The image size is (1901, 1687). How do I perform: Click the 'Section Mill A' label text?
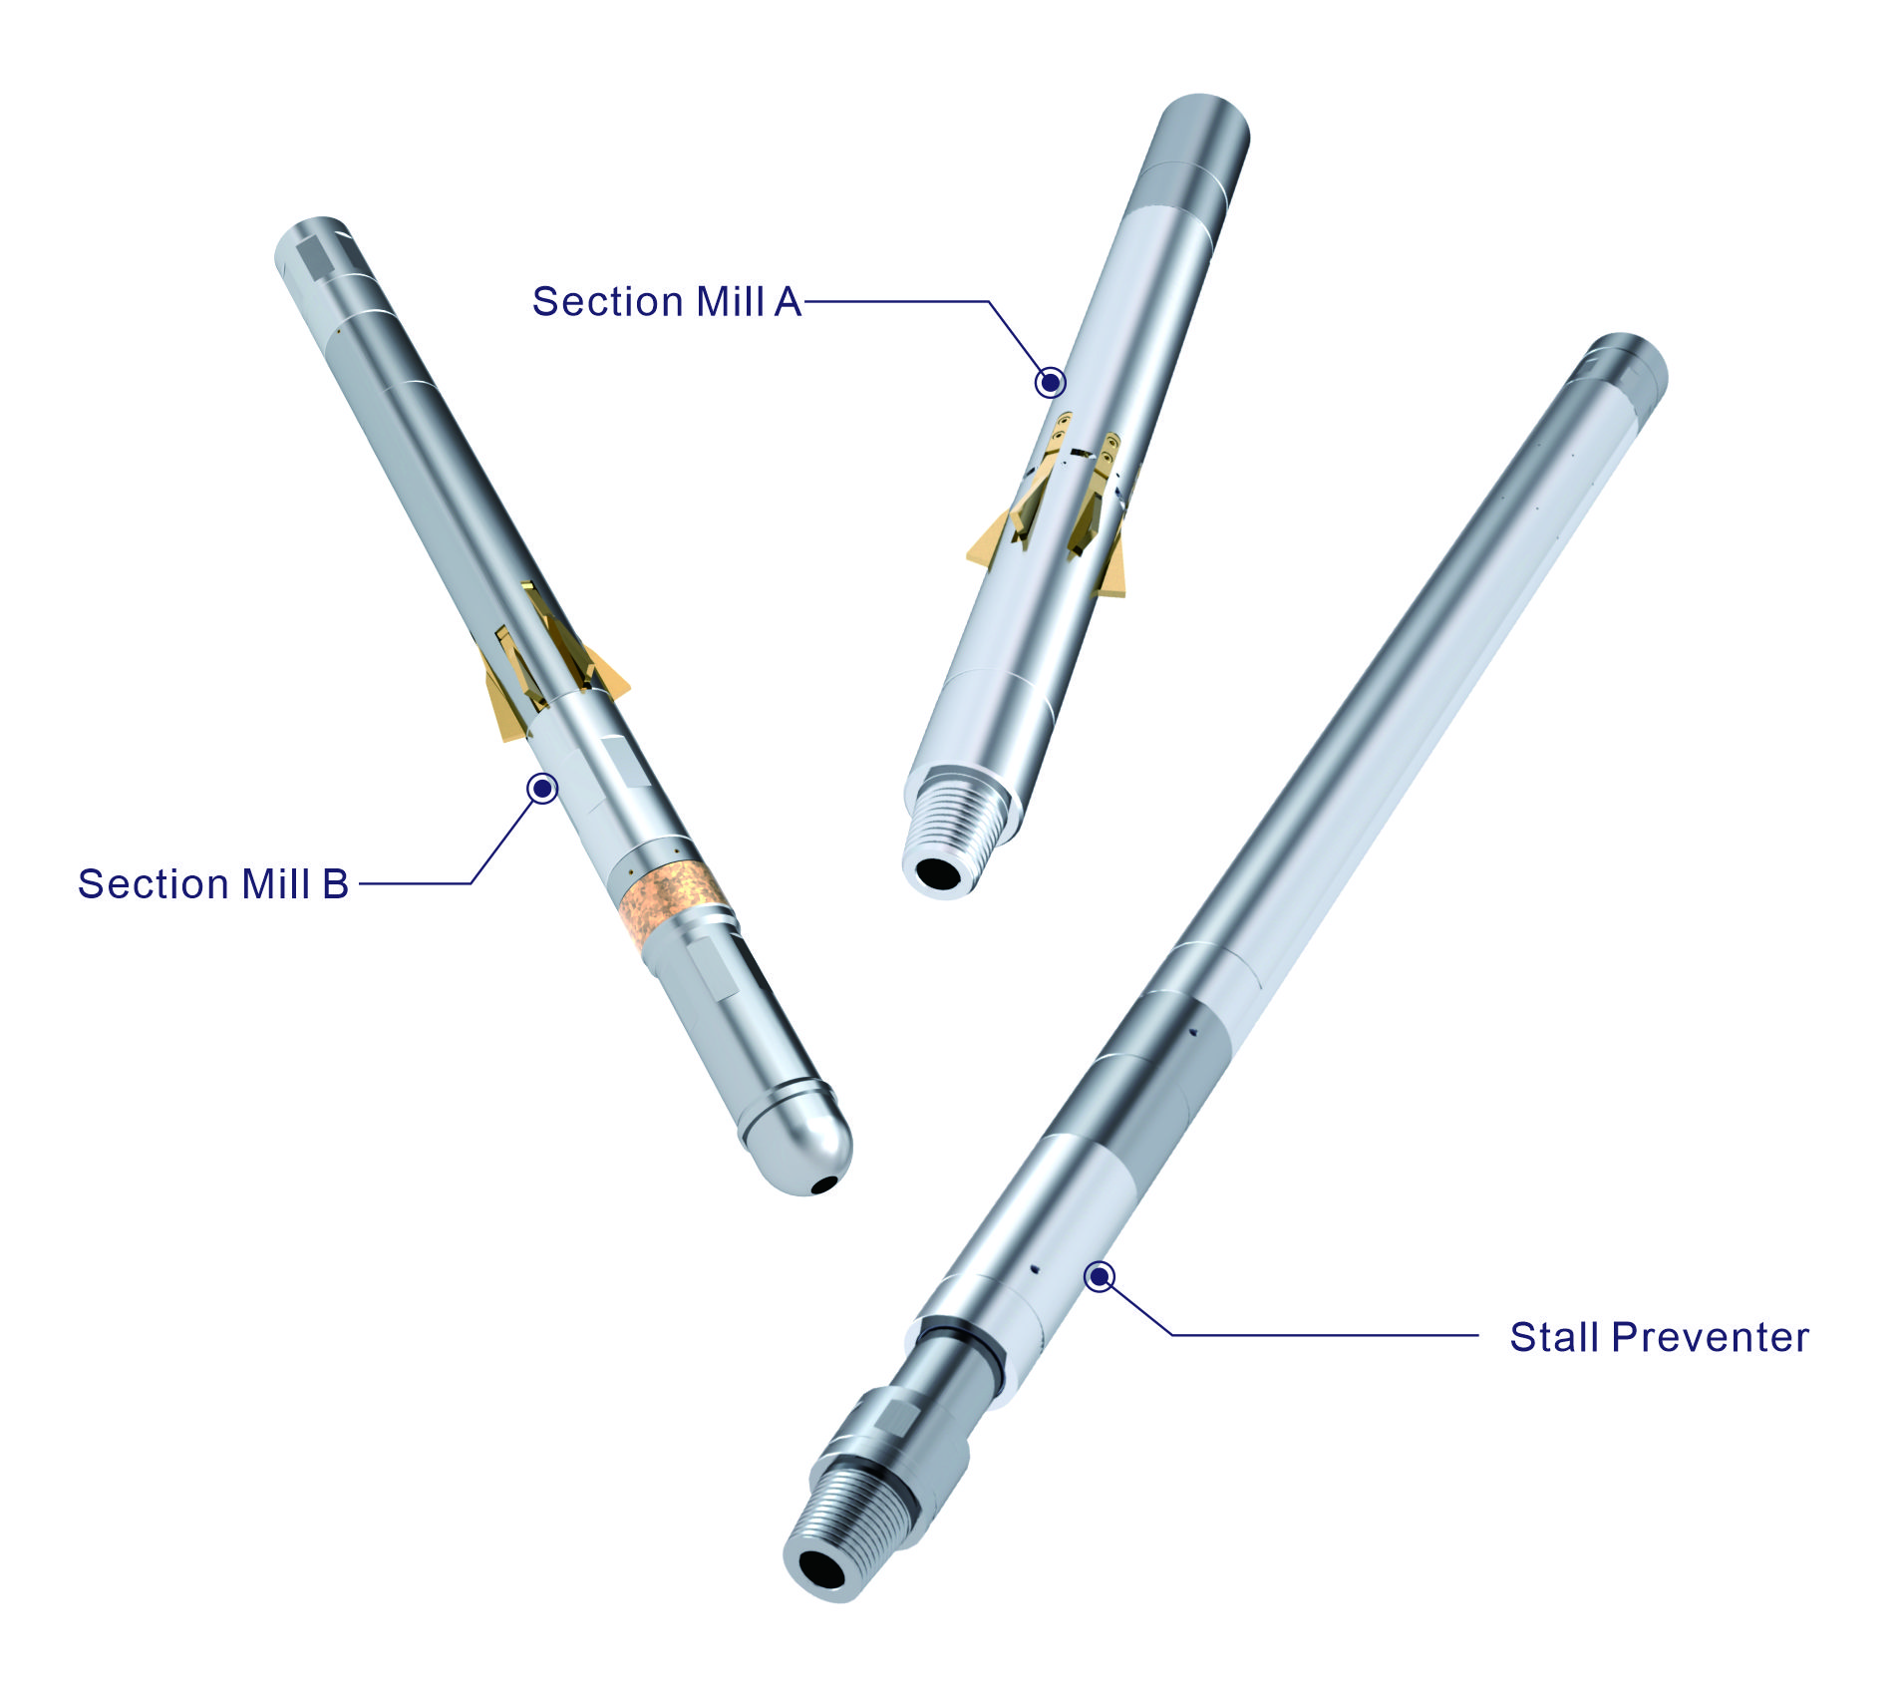point(667,301)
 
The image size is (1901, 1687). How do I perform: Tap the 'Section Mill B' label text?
point(213,883)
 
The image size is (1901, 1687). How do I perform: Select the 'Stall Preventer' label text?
point(1659,1337)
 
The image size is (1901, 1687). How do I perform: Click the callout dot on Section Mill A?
point(1050,382)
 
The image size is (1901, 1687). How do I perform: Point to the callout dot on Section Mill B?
point(542,789)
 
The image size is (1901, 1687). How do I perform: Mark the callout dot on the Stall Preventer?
point(1100,1276)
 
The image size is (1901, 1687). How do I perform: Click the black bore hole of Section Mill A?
point(938,873)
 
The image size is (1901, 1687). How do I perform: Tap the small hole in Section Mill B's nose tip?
point(823,1185)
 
